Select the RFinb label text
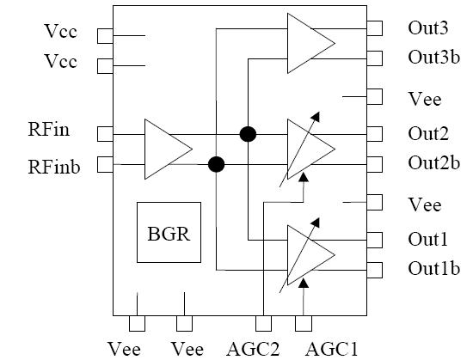pyautogui.click(x=53, y=165)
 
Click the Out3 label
pyautogui.click(x=427, y=27)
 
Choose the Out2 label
pyautogui.click(x=427, y=133)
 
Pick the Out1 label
pyautogui.click(x=427, y=239)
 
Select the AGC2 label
pyautogui.click(x=261, y=348)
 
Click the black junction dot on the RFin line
pyautogui.click(x=248, y=134)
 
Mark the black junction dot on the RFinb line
pyautogui.click(x=216, y=164)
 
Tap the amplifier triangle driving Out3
pyautogui.click(x=310, y=43)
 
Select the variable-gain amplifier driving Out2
pyautogui.click(x=310, y=149)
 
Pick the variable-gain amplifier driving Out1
pyautogui.click(x=310, y=254)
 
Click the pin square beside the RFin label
pyautogui.click(x=105, y=133)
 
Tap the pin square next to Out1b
pyautogui.click(x=375, y=270)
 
